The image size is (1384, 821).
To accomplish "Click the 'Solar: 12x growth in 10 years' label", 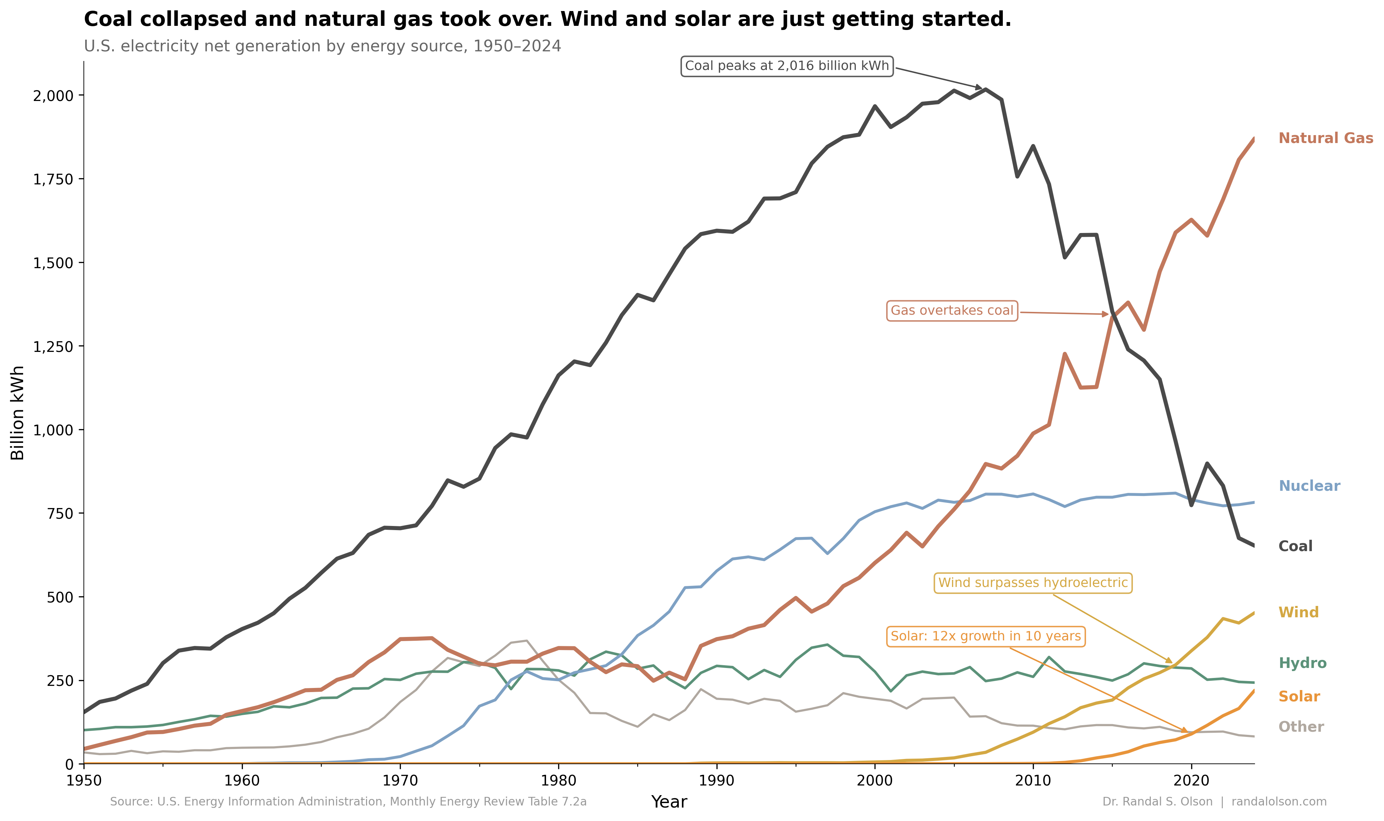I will tap(986, 636).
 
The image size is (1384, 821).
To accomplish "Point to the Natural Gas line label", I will tap(1325, 138).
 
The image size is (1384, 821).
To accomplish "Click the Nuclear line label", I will tap(1309, 486).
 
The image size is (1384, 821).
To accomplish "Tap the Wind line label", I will tap(1298, 612).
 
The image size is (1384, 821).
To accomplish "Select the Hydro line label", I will tap(1302, 663).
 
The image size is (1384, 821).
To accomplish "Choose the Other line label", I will tap(1301, 727).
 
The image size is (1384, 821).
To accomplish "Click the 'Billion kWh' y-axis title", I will tap(18, 413).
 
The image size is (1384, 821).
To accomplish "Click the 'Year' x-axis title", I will tap(669, 802).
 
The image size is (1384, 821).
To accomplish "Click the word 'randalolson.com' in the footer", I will tap(1279, 802).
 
